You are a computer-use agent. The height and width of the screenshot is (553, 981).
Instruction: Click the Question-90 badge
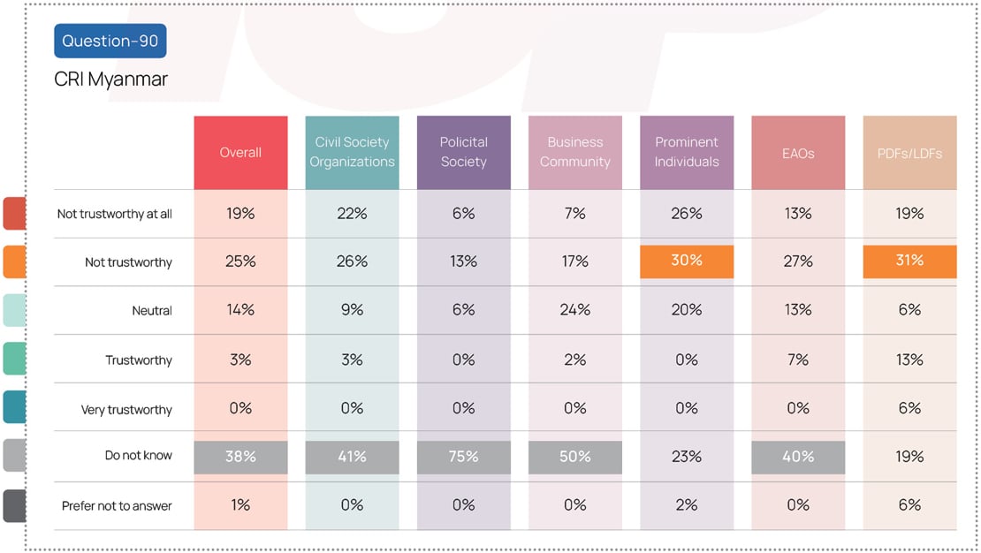tap(110, 42)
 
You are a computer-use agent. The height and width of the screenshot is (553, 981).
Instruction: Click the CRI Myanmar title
tap(110, 80)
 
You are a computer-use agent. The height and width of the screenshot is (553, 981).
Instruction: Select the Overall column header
tap(240, 153)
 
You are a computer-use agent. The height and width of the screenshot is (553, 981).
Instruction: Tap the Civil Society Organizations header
tap(352, 152)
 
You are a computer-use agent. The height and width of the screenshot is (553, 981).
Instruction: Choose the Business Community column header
tap(574, 152)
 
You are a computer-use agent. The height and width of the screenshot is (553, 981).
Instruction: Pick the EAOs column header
tap(797, 153)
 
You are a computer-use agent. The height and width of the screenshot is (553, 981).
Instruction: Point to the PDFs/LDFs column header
tap(909, 153)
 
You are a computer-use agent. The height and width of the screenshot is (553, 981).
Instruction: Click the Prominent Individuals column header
tap(687, 152)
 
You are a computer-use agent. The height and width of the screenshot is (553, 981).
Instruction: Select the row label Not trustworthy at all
tap(115, 214)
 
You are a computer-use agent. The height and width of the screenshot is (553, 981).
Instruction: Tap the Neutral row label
tap(151, 311)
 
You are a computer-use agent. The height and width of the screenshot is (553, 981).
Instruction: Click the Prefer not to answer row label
tap(117, 506)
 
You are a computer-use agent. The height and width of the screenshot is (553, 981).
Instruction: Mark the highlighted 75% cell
tap(463, 457)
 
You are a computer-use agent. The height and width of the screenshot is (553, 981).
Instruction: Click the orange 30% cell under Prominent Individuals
tap(687, 261)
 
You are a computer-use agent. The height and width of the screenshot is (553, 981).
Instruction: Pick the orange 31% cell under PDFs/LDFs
tap(909, 261)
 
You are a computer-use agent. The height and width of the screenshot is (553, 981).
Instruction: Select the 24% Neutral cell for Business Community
tap(574, 310)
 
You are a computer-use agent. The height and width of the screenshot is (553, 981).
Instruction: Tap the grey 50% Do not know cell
tap(574, 457)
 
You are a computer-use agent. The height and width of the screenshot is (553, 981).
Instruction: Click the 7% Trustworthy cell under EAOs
tap(797, 360)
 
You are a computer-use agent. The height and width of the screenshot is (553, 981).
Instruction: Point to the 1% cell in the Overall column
tap(240, 505)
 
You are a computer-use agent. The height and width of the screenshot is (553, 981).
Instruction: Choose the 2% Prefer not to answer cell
tap(687, 505)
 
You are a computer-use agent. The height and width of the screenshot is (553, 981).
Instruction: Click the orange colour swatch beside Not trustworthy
tap(14, 261)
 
